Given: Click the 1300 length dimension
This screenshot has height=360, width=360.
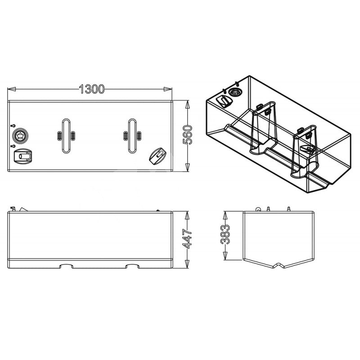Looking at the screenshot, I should [91, 89].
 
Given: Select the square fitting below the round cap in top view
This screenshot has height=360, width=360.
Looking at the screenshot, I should [23, 156].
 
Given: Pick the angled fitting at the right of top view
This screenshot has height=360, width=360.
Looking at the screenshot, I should [157, 155].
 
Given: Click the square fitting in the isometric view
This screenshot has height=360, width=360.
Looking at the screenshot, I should [224, 100].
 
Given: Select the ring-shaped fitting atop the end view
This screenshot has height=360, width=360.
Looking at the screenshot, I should [258, 209].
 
